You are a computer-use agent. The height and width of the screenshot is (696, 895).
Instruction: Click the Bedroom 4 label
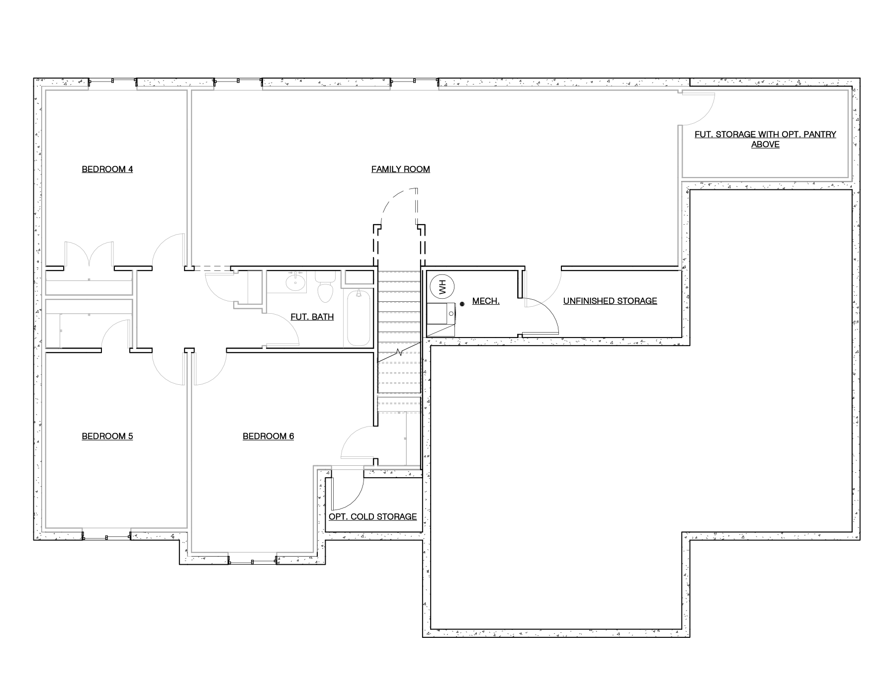pyautogui.click(x=107, y=170)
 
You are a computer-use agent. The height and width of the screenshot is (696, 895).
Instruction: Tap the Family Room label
pyautogui.click(x=401, y=170)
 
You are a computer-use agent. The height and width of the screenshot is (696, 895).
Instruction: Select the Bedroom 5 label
pyautogui.click(x=107, y=436)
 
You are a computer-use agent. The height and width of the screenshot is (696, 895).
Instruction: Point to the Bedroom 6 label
pyautogui.click(x=268, y=436)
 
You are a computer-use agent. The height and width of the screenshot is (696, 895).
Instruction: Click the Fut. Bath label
pyautogui.click(x=312, y=317)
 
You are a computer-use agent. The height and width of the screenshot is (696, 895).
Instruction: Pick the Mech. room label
pyautogui.click(x=486, y=301)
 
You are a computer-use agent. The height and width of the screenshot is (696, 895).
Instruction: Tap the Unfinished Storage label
pyautogui.click(x=610, y=301)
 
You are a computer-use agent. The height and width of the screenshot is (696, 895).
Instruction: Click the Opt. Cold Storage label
pyautogui.click(x=373, y=517)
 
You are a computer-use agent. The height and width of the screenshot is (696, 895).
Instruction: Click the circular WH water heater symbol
pyautogui.click(x=440, y=286)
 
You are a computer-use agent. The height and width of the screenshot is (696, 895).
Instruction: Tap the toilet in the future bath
pyautogui.click(x=326, y=287)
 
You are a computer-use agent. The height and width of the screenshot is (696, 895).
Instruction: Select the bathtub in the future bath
pyautogui.click(x=358, y=318)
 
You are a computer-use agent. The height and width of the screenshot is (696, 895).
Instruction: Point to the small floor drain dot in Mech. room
pyautogui.click(x=462, y=304)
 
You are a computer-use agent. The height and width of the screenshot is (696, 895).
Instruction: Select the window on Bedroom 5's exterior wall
pyautogui.click(x=106, y=536)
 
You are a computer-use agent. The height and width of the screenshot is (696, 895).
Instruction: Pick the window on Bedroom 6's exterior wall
pyautogui.click(x=253, y=562)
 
